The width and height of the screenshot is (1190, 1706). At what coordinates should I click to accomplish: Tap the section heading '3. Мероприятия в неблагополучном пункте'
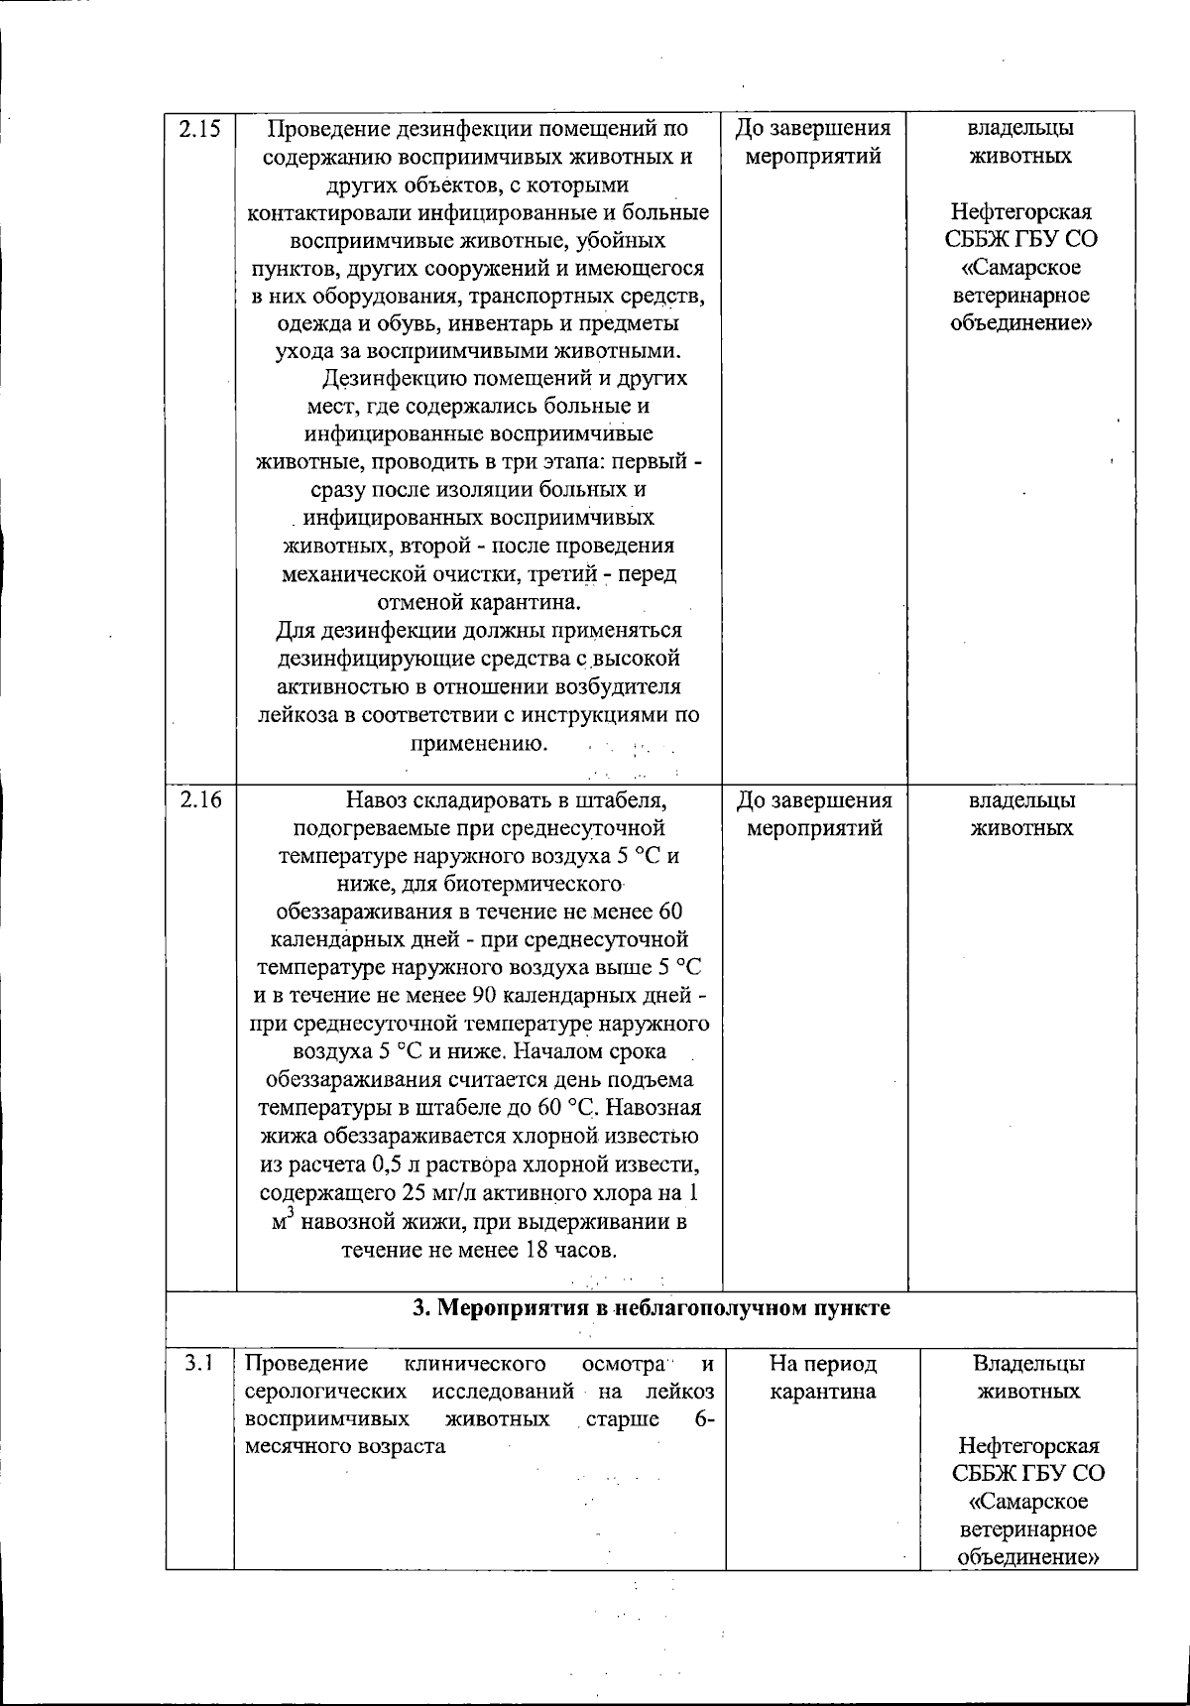tap(651, 1308)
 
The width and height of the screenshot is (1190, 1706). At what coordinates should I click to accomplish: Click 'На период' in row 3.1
tap(823, 1364)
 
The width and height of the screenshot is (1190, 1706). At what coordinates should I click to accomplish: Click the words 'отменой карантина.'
tap(479, 602)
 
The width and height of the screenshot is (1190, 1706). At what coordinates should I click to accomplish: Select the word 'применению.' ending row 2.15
tap(478, 743)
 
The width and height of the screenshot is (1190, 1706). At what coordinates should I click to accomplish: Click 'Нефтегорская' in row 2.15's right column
tap(1021, 212)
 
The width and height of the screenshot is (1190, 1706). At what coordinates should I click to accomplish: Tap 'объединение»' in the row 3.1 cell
tap(1028, 1557)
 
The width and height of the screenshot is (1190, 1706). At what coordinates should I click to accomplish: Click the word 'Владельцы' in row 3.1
tap(1028, 1364)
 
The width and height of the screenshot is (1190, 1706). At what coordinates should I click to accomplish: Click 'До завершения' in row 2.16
tap(814, 800)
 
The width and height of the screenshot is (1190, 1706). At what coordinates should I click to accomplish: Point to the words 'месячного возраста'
tap(344, 1446)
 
